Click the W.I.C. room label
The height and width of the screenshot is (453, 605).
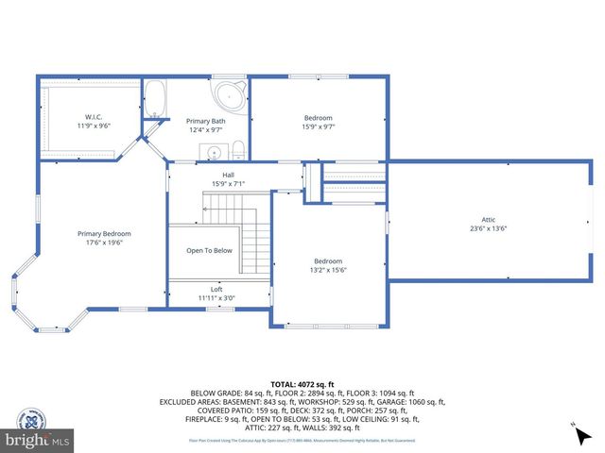[x=93, y=116]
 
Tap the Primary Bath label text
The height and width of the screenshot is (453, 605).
[x=204, y=121]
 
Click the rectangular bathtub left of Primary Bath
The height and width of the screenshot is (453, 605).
[x=154, y=99]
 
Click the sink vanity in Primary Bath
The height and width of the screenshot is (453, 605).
[x=215, y=151]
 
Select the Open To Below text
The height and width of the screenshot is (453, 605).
[x=209, y=250]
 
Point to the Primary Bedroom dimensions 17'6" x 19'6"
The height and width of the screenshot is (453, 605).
[x=104, y=243]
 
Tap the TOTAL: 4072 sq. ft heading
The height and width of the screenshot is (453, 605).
[x=302, y=384]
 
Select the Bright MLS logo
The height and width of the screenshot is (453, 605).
[x=38, y=439]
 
